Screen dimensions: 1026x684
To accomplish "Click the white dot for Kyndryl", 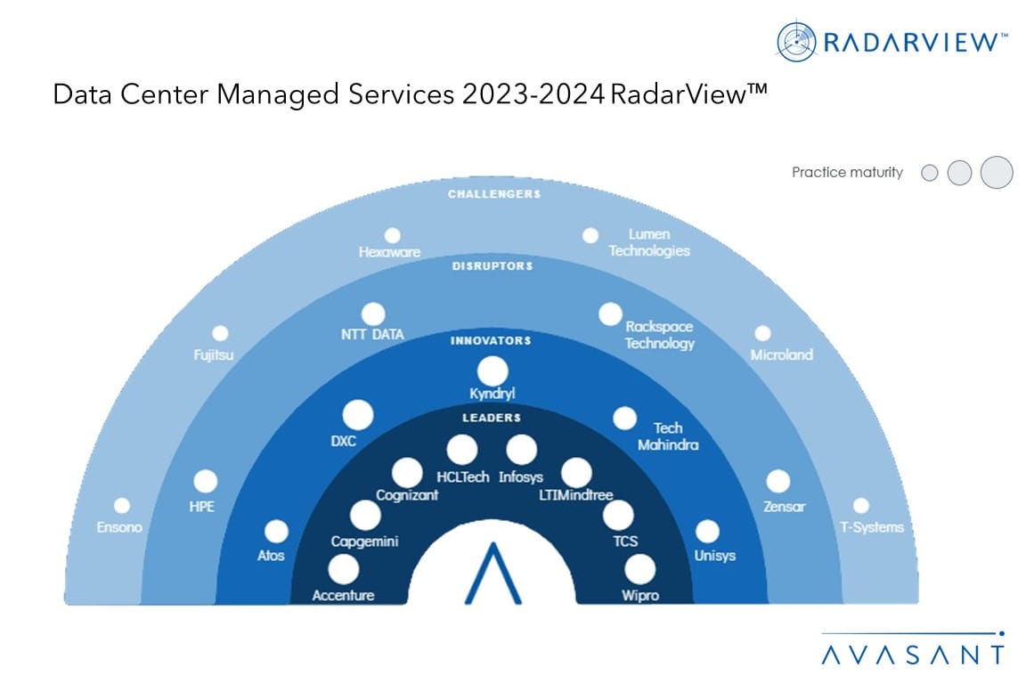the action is point(493,371).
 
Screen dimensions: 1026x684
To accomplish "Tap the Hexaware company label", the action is point(389,252).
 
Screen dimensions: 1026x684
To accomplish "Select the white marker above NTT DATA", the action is point(373,314).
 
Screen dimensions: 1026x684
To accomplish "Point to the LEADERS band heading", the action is point(492,418).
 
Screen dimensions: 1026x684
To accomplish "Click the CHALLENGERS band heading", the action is point(494,194).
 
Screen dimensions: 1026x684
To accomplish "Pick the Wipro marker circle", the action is point(640,569).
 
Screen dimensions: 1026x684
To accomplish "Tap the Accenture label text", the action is point(343,595).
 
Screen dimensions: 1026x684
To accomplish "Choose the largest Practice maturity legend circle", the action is point(997,172).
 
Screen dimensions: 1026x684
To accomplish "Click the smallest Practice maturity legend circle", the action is point(929,173).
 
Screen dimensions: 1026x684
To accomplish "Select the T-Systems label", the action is point(872,527).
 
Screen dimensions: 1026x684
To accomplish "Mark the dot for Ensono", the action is point(122,505).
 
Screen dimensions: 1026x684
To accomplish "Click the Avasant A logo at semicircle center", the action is point(493,574).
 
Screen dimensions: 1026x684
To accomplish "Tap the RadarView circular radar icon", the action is point(796,42).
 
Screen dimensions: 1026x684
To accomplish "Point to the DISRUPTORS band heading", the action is point(493,265).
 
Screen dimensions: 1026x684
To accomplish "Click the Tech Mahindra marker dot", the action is point(624,419).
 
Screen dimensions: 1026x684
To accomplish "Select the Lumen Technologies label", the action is point(649,242).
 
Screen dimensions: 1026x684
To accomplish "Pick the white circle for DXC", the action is point(358,415).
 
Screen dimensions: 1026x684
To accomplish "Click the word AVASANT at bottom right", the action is point(913,655).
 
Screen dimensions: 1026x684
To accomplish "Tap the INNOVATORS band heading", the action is point(491,340).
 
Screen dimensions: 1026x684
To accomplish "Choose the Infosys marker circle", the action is point(522,450).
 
